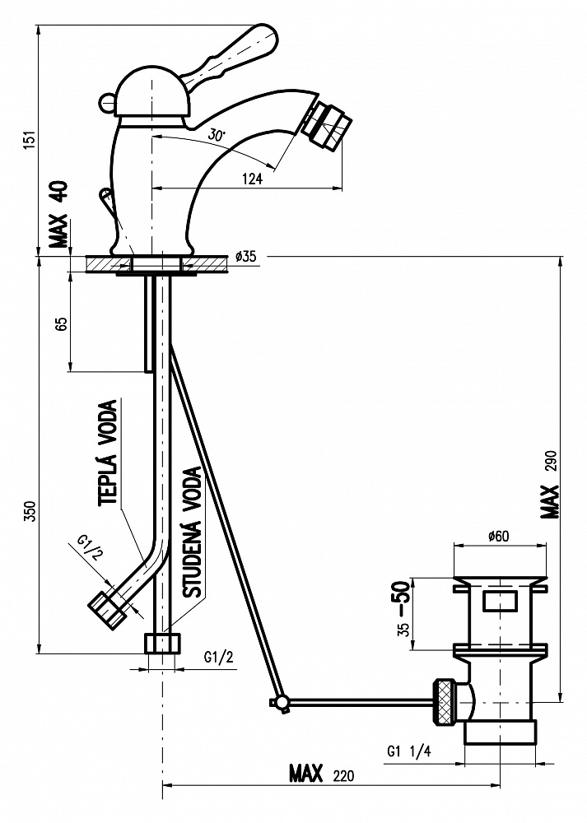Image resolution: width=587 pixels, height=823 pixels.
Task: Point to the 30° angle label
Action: [x=216, y=135]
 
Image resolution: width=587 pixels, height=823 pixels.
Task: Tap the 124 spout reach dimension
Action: [x=253, y=179]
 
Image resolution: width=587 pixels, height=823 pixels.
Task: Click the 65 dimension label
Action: [x=62, y=323]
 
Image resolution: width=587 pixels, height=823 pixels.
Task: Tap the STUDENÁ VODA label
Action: [x=192, y=532]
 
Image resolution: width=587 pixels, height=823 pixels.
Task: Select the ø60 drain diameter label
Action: [x=498, y=536]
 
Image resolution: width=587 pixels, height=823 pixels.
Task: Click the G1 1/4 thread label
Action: [x=408, y=751]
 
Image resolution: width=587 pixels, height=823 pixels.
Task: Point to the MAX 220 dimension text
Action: [x=322, y=774]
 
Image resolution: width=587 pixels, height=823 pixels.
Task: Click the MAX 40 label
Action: [x=58, y=214]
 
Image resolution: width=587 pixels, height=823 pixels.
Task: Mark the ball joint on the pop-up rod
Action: [x=282, y=702]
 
